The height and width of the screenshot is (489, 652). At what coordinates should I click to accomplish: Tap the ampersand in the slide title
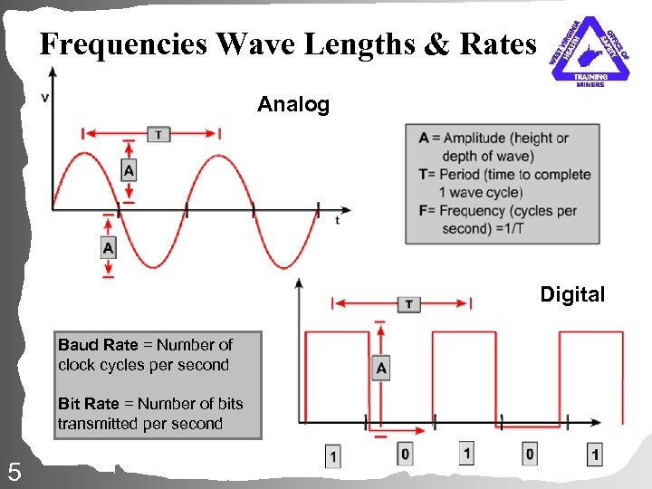pyautogui.click(x=436, y=45)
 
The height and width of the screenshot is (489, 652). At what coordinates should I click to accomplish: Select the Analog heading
pyautogui.click(x=293, y=105)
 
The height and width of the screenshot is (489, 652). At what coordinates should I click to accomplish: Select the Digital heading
pyautogui.click(x=572, y=294)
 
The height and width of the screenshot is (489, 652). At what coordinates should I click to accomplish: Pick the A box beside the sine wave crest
pyautogui.click(x=129, y=169)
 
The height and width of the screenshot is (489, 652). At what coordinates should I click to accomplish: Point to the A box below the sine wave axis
pyautogui.click(x=109, y=246)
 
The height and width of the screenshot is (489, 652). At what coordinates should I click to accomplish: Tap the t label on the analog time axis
pyautogui.click(x=337, y=220)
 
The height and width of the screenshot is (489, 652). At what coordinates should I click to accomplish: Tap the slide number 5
pyautogui.click(x=14, y=471)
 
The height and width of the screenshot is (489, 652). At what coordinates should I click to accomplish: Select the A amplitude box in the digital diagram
pyautogui.click(x=381, y=368)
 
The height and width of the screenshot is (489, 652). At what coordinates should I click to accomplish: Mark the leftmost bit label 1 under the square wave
pyautogui.click(x=334, y=455)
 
